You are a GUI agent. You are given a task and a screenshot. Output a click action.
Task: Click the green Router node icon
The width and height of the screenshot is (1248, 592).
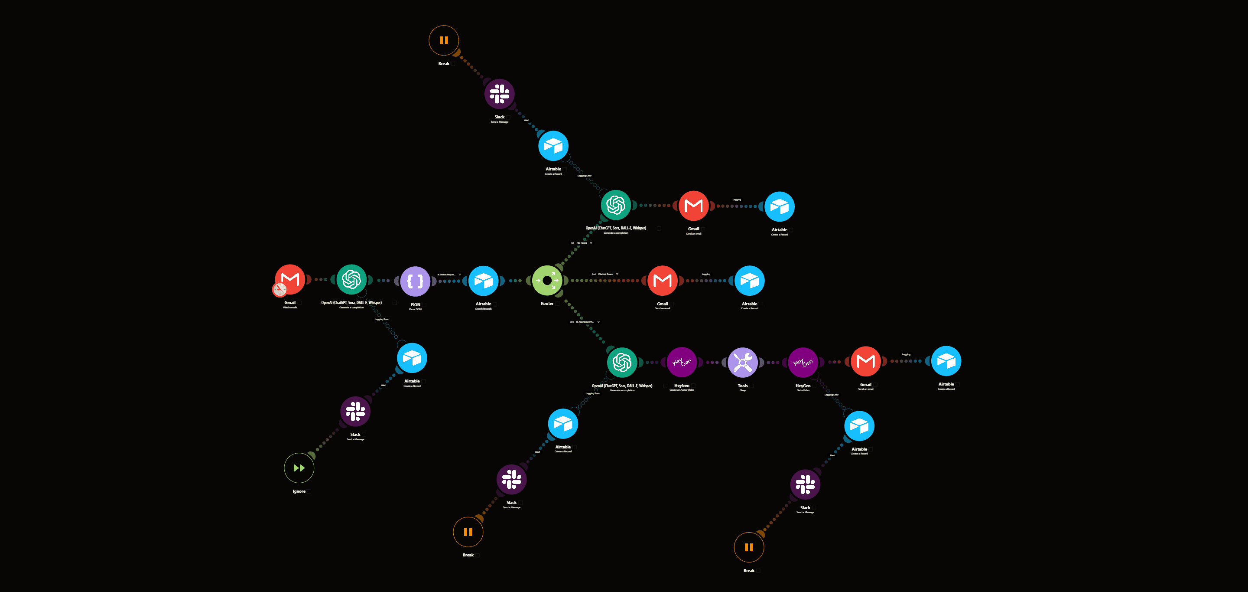547,280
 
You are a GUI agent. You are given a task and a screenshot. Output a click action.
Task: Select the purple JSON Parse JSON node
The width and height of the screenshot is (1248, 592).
415,281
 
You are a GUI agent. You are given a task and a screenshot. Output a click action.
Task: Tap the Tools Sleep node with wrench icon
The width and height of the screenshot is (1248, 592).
743,362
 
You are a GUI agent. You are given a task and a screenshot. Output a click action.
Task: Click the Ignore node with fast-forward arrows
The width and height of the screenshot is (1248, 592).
299,468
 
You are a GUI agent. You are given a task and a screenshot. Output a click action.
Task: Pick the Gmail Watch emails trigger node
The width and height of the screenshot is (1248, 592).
290,279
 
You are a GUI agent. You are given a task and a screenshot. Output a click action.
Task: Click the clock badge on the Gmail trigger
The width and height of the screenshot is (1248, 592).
279,289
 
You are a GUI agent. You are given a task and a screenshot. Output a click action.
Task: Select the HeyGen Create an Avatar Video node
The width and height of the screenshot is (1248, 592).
682,362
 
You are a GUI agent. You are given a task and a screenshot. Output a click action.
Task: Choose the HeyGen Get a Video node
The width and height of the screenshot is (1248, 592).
803,362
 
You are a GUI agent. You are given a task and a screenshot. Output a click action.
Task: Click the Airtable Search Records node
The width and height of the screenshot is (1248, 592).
483,280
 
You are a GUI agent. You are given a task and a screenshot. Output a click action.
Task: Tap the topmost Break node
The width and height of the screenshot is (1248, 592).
443,40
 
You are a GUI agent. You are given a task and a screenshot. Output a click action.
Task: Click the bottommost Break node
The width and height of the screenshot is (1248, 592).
748,547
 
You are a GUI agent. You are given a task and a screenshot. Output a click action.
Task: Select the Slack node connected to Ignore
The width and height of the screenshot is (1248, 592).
355,411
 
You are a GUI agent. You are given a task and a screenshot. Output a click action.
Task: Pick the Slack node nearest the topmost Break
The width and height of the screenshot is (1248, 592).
500,94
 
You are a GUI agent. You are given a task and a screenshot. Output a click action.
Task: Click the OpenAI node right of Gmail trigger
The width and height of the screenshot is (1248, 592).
351,279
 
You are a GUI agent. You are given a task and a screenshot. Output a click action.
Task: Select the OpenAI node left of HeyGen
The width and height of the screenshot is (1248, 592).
621,362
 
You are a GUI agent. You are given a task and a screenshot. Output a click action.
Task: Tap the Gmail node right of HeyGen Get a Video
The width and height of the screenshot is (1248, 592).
865,361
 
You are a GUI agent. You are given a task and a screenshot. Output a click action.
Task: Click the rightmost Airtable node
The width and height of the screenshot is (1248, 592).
946,361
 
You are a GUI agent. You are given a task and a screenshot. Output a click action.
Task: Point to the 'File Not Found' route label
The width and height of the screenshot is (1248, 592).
606,274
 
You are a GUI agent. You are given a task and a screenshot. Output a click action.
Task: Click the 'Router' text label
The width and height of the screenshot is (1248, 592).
547,304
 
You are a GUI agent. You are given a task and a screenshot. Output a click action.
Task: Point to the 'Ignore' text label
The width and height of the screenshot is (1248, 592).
299,491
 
